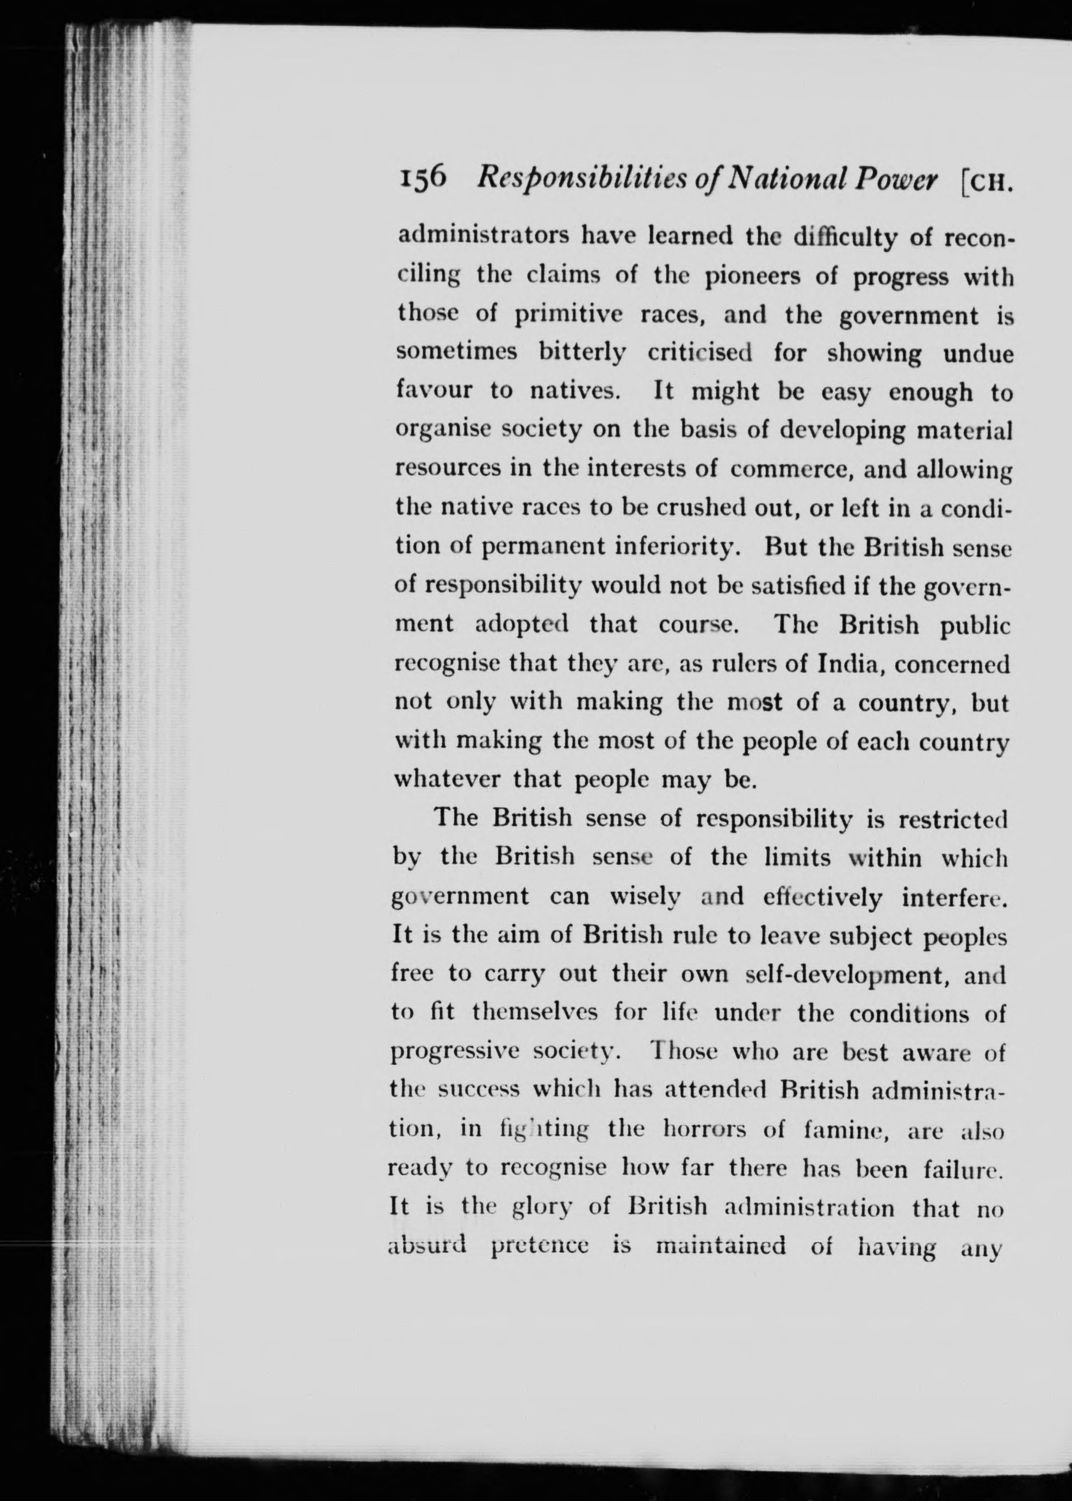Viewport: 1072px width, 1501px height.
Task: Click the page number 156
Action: click(x=423, y=177)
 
